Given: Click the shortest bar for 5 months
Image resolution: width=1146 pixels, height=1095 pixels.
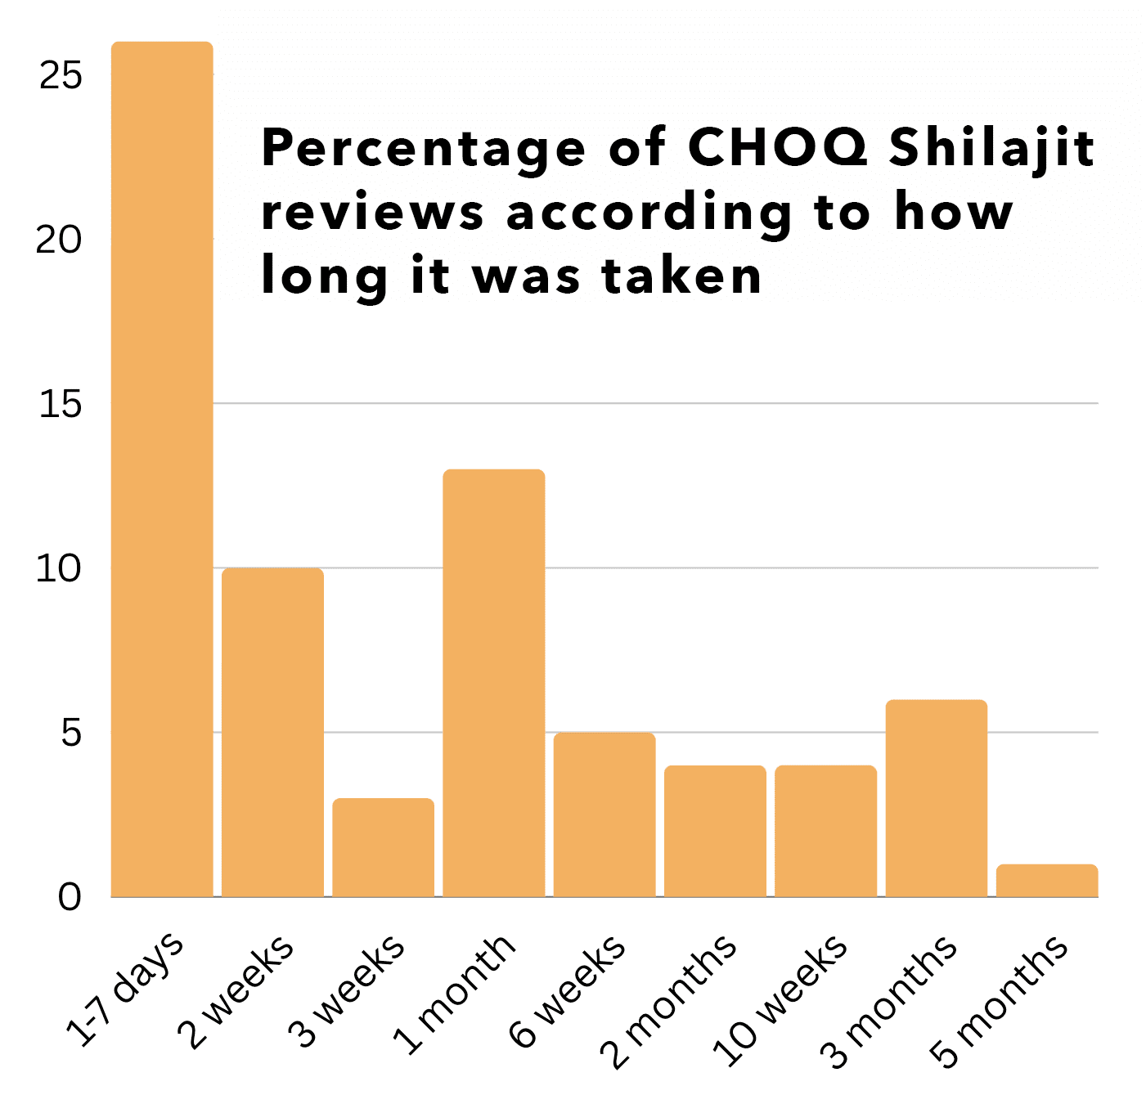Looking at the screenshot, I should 1046,881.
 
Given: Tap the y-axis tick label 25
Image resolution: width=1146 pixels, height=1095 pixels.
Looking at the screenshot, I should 61,75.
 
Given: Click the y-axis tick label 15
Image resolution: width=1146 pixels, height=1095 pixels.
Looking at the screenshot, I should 61,404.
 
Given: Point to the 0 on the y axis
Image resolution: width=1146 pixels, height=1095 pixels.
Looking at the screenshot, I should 70,897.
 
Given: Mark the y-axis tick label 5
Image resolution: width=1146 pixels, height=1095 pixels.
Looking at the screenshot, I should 71,733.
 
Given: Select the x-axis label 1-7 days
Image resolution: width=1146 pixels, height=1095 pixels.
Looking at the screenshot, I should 125,990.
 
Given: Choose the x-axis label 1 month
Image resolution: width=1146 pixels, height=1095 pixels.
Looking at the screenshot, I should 455,994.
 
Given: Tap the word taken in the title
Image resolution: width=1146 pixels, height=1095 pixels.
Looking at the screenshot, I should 681,276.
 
